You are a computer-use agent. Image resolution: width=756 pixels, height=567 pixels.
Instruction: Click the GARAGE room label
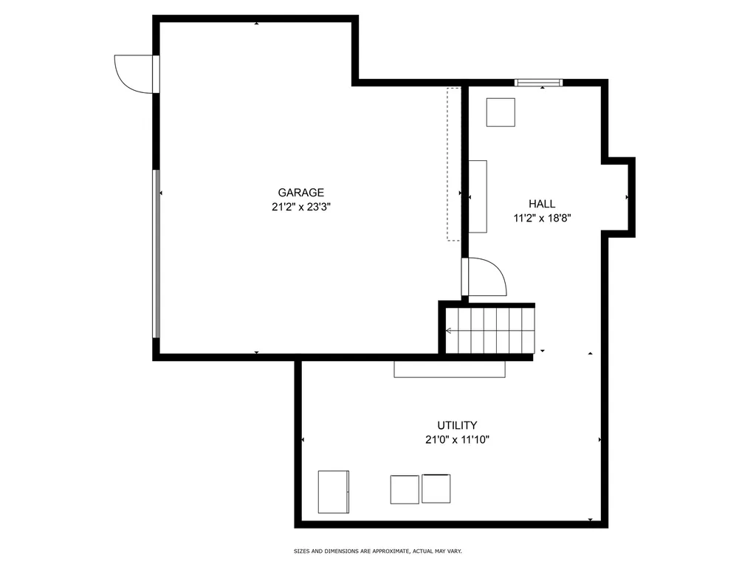pos(300,193)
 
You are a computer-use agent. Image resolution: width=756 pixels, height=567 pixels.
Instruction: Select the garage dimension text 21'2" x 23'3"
pos(300,207)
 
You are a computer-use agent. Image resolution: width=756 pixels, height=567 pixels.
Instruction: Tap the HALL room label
pos(542,204)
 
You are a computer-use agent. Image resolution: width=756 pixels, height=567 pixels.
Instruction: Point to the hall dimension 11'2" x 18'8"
pos(543,218)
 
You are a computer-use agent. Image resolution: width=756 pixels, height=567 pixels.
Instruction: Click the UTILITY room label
pos(457,425)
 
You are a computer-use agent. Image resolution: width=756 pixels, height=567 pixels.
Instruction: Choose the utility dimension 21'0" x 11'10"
pos(457,439)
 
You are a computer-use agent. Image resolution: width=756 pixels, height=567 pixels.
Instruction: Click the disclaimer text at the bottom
pos(377,551)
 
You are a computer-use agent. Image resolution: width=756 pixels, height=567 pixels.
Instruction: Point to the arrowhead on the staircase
pos(448,330)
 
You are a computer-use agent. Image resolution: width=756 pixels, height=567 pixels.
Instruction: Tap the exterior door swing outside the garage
pos(134,73)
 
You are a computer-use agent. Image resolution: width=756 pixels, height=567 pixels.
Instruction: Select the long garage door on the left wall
pos(156,253)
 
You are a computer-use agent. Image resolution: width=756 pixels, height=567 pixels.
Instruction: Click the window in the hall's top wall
pos(538,83)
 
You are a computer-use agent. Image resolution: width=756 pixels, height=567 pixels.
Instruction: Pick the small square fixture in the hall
pos(500,112)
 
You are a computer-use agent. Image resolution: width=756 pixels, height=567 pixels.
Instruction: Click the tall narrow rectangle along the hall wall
pos(478,196)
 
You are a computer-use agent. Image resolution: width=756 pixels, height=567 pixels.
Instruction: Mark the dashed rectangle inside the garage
pos(453,163)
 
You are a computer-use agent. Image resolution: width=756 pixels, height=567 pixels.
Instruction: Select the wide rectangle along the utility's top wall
pos(450,368)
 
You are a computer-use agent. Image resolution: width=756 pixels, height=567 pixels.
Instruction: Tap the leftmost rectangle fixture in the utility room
pos(333,491)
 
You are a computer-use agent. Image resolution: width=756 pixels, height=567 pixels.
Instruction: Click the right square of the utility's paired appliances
pos(436,489)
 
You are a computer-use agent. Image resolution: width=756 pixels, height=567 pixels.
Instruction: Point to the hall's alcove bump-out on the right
pos(619,196)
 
